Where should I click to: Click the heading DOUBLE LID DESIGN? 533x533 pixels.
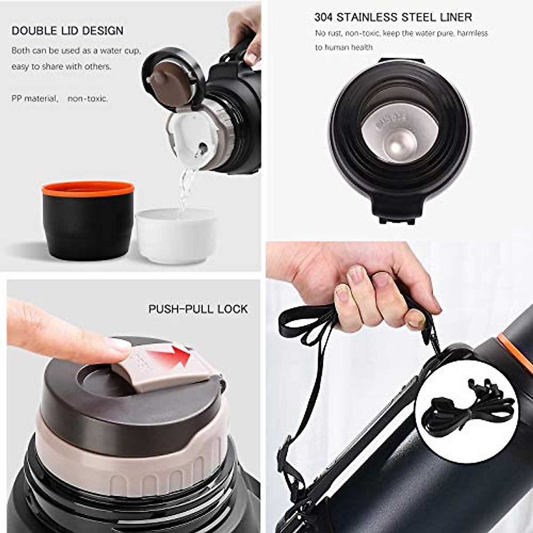tap(68, 31)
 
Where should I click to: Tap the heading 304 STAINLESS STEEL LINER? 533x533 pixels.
tap(393, 17)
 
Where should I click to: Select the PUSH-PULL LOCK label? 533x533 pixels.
tap(198, 309)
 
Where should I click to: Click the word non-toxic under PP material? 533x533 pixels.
tap(88, 99)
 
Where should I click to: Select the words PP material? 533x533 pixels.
tap(35, 99)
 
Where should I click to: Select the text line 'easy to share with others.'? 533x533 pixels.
tap(61, 67)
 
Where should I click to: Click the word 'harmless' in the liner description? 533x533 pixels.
tap(472, 33)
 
